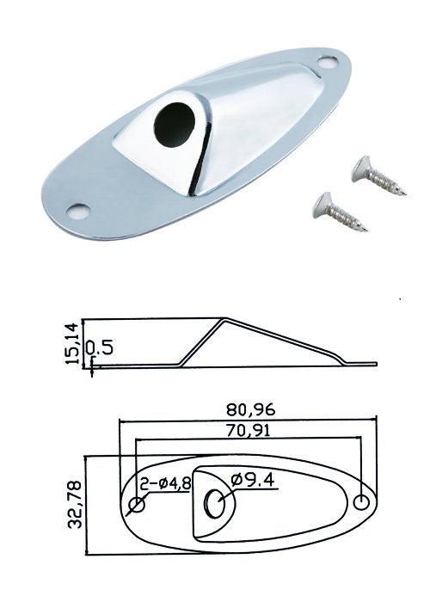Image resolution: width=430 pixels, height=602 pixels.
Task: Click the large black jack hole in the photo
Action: (x=175, y=123)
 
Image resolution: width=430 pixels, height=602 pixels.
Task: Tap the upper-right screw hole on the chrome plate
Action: (x=329, y=62)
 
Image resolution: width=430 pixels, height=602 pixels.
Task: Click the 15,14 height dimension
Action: (x=71, y=344)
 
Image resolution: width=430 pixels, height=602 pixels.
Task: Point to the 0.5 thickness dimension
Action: (x=99, y=348)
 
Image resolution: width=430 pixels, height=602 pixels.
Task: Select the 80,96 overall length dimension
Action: (x=251, y=409)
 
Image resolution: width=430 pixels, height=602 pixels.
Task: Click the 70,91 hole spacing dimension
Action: (x=248, y=430)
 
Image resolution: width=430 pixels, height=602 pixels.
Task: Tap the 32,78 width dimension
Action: (x=75, y=504)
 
